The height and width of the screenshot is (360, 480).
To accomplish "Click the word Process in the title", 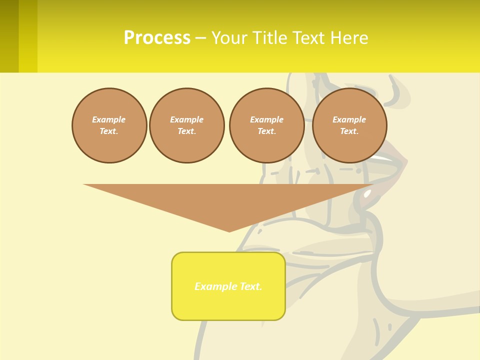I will [157, 38].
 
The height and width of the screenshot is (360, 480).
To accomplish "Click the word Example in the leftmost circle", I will [109, 119].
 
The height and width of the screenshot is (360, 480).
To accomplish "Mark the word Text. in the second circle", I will [186, 131].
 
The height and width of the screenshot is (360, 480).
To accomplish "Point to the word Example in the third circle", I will [266, 119].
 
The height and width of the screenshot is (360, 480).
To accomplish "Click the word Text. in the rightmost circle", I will [349, 131].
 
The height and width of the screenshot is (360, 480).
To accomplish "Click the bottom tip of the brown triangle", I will [229, 230].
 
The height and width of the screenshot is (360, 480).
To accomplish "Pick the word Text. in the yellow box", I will [251, 286].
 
